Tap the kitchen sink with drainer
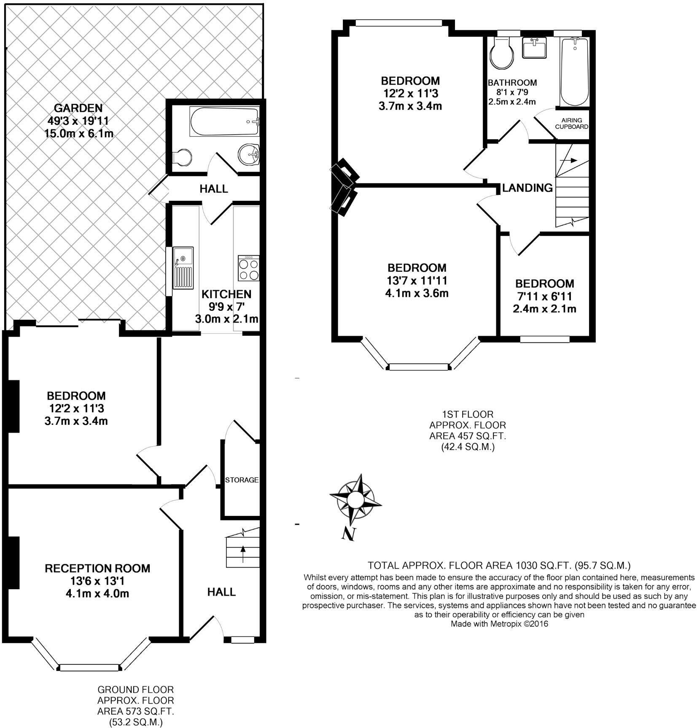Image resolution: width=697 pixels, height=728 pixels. pyautogui.click(x=183, y=268)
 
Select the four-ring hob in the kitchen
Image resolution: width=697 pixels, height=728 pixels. pyautogui.click(x=248, y=268)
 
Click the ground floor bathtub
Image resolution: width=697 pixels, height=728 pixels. pyautogui.click(x=224, y=121)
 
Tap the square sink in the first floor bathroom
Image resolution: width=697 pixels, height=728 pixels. pyautogui.click(x=534, y=47)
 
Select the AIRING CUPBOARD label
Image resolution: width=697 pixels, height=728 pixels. pyautogui.click(x=571, y=124)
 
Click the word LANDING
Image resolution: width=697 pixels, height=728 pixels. pyautogui.click(x=527, y=188)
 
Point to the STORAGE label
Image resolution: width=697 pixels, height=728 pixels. pyautogui.click(x=242, y=480)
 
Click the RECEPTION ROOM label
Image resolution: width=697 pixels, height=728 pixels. pyautogui.click(x=97, y=569)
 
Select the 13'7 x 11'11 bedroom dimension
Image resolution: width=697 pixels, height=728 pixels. pyautogui.click(x=417, y=280)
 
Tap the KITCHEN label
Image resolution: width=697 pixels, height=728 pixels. pyautogui.click(x=226, y=294)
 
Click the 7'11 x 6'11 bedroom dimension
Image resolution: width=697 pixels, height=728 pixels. pyautogui.click(x=544, y=296)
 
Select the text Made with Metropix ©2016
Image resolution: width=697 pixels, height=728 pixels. pyautogui.click(x=499, y=624)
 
